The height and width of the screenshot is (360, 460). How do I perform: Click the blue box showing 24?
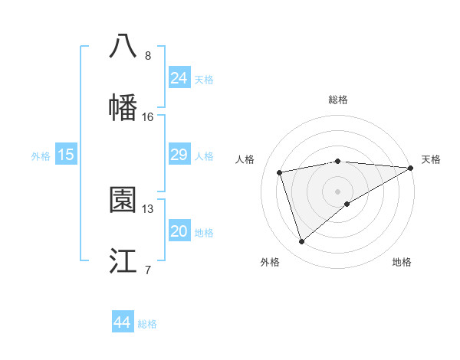[179, 77]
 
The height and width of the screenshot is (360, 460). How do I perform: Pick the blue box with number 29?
[179, 155]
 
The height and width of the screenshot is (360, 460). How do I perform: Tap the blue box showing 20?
[179, 231]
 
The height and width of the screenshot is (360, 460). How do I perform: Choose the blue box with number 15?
[66, 155]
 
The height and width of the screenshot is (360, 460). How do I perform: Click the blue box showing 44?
[122, 322]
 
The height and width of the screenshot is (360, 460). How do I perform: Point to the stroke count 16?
[148, 117]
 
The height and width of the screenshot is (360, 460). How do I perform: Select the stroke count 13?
[148, 208]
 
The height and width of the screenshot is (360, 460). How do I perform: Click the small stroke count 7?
[148, 270]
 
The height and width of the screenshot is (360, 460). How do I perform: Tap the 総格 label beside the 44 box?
[147, 324]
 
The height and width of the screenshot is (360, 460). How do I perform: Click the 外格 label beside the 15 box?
[41, 156]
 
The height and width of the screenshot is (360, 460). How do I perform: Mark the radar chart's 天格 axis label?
[431, 159]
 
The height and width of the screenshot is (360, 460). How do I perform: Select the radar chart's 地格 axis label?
[402, 263]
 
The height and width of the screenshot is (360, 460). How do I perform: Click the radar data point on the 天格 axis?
[411, 168]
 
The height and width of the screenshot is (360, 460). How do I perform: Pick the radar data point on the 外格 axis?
[301, 242]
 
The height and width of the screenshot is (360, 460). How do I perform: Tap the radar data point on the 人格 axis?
[280, 172]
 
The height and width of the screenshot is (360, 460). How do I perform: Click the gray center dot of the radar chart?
[337, 191]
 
